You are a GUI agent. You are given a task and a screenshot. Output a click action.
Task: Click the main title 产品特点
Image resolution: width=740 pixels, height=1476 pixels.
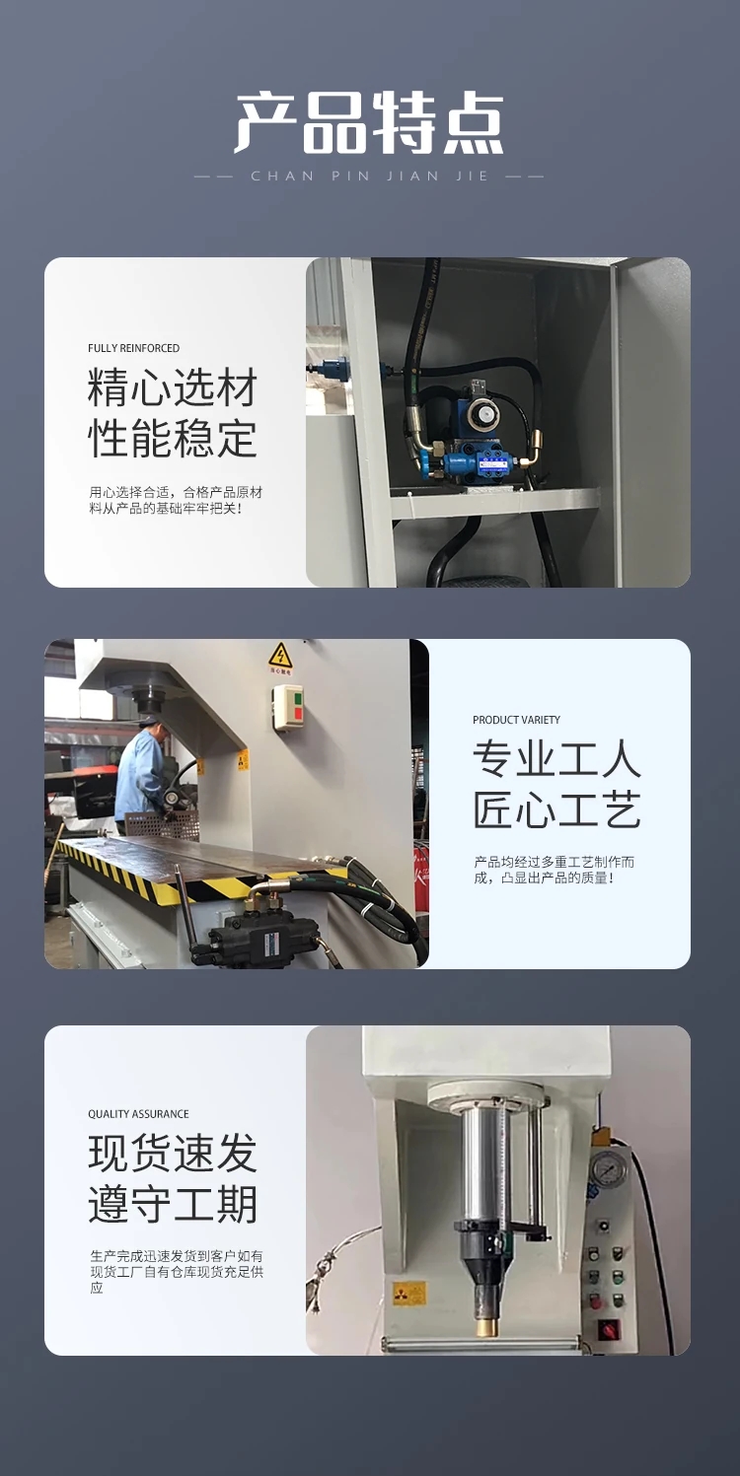(x=369, y=124)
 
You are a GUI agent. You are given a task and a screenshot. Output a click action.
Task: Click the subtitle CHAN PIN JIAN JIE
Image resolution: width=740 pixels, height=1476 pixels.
(x=369, y=176)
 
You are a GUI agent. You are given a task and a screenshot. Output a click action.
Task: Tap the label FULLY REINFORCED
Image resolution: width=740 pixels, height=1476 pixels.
(x=134, y=348)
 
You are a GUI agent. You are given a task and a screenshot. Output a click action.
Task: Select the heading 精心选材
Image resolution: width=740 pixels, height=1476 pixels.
(x=172, y=388)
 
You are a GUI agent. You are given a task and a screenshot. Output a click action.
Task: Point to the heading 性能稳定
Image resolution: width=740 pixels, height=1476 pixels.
(x=172, y=438)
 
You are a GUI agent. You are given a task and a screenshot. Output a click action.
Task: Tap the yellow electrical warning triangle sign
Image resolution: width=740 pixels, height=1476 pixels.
(x=280, y=657)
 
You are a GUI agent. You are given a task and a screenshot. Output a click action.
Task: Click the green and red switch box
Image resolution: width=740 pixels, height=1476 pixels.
(x=289, y=707)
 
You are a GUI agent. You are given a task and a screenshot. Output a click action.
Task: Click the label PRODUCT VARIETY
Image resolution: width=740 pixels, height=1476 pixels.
(x=516, y=720)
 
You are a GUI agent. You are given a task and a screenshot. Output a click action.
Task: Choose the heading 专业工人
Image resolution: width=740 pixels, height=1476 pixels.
(x=557, y=759)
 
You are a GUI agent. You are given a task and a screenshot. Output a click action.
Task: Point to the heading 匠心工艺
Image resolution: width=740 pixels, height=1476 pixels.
(x=557, y=809)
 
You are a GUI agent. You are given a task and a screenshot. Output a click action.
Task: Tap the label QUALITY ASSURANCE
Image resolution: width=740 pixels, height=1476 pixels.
(x=138, y=1113)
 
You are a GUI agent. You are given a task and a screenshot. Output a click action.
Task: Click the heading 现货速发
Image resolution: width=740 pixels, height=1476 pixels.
(x=172, y=1154)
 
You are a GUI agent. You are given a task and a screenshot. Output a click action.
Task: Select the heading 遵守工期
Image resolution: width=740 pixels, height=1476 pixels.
(x=172, y=1204)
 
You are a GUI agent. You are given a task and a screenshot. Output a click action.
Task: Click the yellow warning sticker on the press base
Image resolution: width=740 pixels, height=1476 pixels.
(x=401, y=1293)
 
